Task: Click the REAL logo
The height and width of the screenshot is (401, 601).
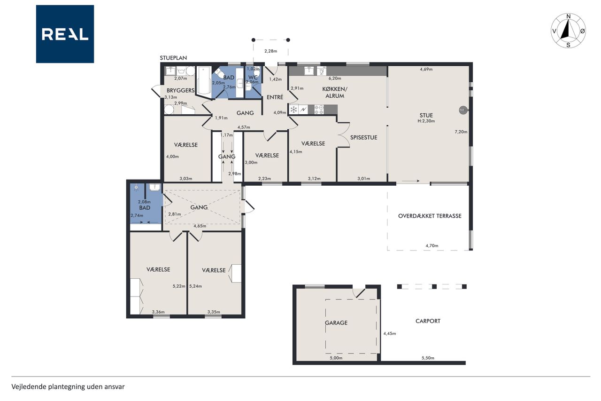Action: coord(65,34)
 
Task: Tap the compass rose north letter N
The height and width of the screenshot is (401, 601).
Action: coord(568,16)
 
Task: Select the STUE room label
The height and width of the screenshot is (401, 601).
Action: coord(426,116)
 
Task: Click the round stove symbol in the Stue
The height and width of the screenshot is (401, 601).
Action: coord(462,110)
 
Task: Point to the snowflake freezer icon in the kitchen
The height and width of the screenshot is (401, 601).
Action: coord(294,110)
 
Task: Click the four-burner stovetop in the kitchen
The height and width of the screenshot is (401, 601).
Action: coord(319,110)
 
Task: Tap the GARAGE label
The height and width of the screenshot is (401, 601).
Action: coord(336,323)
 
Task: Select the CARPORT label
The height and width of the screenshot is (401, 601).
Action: coord(428,321)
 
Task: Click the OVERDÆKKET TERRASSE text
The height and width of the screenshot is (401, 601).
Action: coord(430,216)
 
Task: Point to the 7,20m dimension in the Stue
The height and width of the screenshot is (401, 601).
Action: coord(461,132)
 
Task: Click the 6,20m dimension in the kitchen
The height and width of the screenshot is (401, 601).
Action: coord(335,79)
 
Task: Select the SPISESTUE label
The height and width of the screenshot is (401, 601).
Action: coord(363,138)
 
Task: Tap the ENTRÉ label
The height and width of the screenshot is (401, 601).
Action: coord(275,97)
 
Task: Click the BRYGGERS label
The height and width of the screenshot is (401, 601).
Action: coord(181,91)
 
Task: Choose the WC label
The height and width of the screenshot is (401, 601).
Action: coord(253,78)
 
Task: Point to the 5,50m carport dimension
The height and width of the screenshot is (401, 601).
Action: coord(428,358)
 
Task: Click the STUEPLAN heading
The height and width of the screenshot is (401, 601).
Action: coord(173,58)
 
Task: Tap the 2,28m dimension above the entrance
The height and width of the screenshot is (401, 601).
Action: coord(271,51)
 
